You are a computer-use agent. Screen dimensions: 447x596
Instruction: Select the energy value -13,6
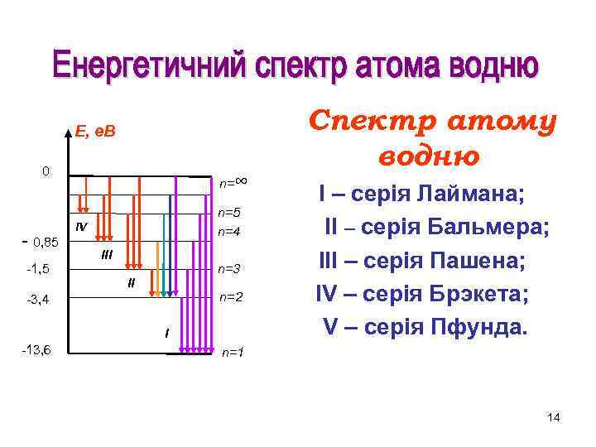click(36, 349)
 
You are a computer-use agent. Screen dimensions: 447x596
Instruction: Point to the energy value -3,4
click(37, 300)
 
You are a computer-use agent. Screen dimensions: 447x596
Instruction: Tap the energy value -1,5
click(37, 270)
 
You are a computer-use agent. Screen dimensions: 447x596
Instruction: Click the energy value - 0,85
click(38, 242)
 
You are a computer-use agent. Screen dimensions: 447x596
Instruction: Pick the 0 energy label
click(46, 171)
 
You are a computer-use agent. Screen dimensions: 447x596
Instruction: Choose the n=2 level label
click(231, 297)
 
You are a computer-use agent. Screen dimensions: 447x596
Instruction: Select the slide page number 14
click(554, 418)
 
